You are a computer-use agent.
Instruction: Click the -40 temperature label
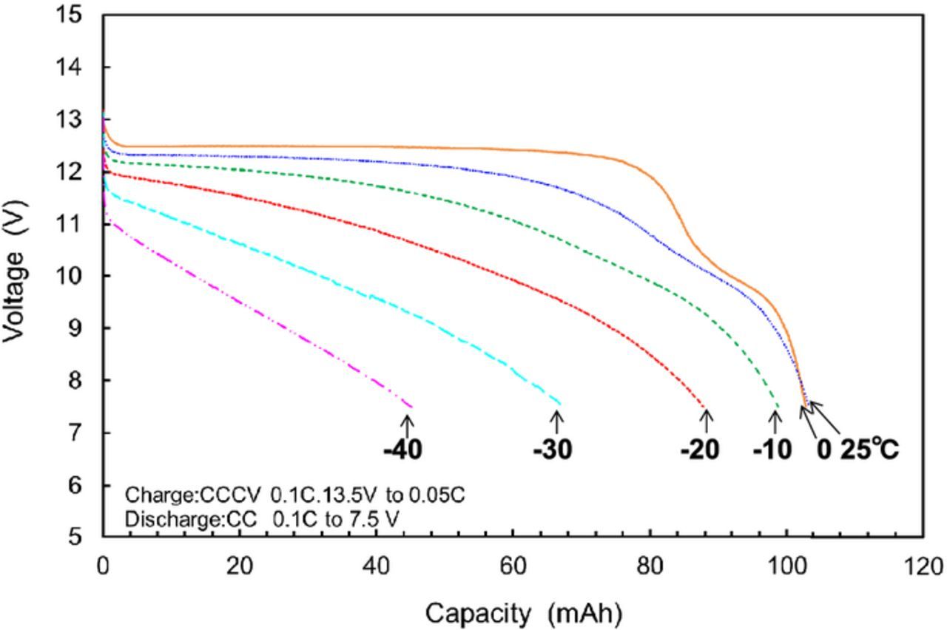(x=403, y=450)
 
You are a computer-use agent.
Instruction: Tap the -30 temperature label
(x=553, y=450)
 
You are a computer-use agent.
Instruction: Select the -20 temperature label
(x=700, y=450)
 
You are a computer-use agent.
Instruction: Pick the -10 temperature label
(x=772, y=450)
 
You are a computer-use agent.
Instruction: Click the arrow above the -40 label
(x=406, y=425)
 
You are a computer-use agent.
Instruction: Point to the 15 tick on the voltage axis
(x=79, y=16)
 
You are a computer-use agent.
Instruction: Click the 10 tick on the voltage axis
(x=79, y=276)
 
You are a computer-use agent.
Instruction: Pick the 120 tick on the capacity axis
(x=922, y=567)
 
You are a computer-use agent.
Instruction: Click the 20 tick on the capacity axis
(x=239, y=567)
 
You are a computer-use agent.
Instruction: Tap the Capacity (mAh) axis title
(x=523, y=613)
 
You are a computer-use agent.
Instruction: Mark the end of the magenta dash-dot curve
(x=411, y=407)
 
